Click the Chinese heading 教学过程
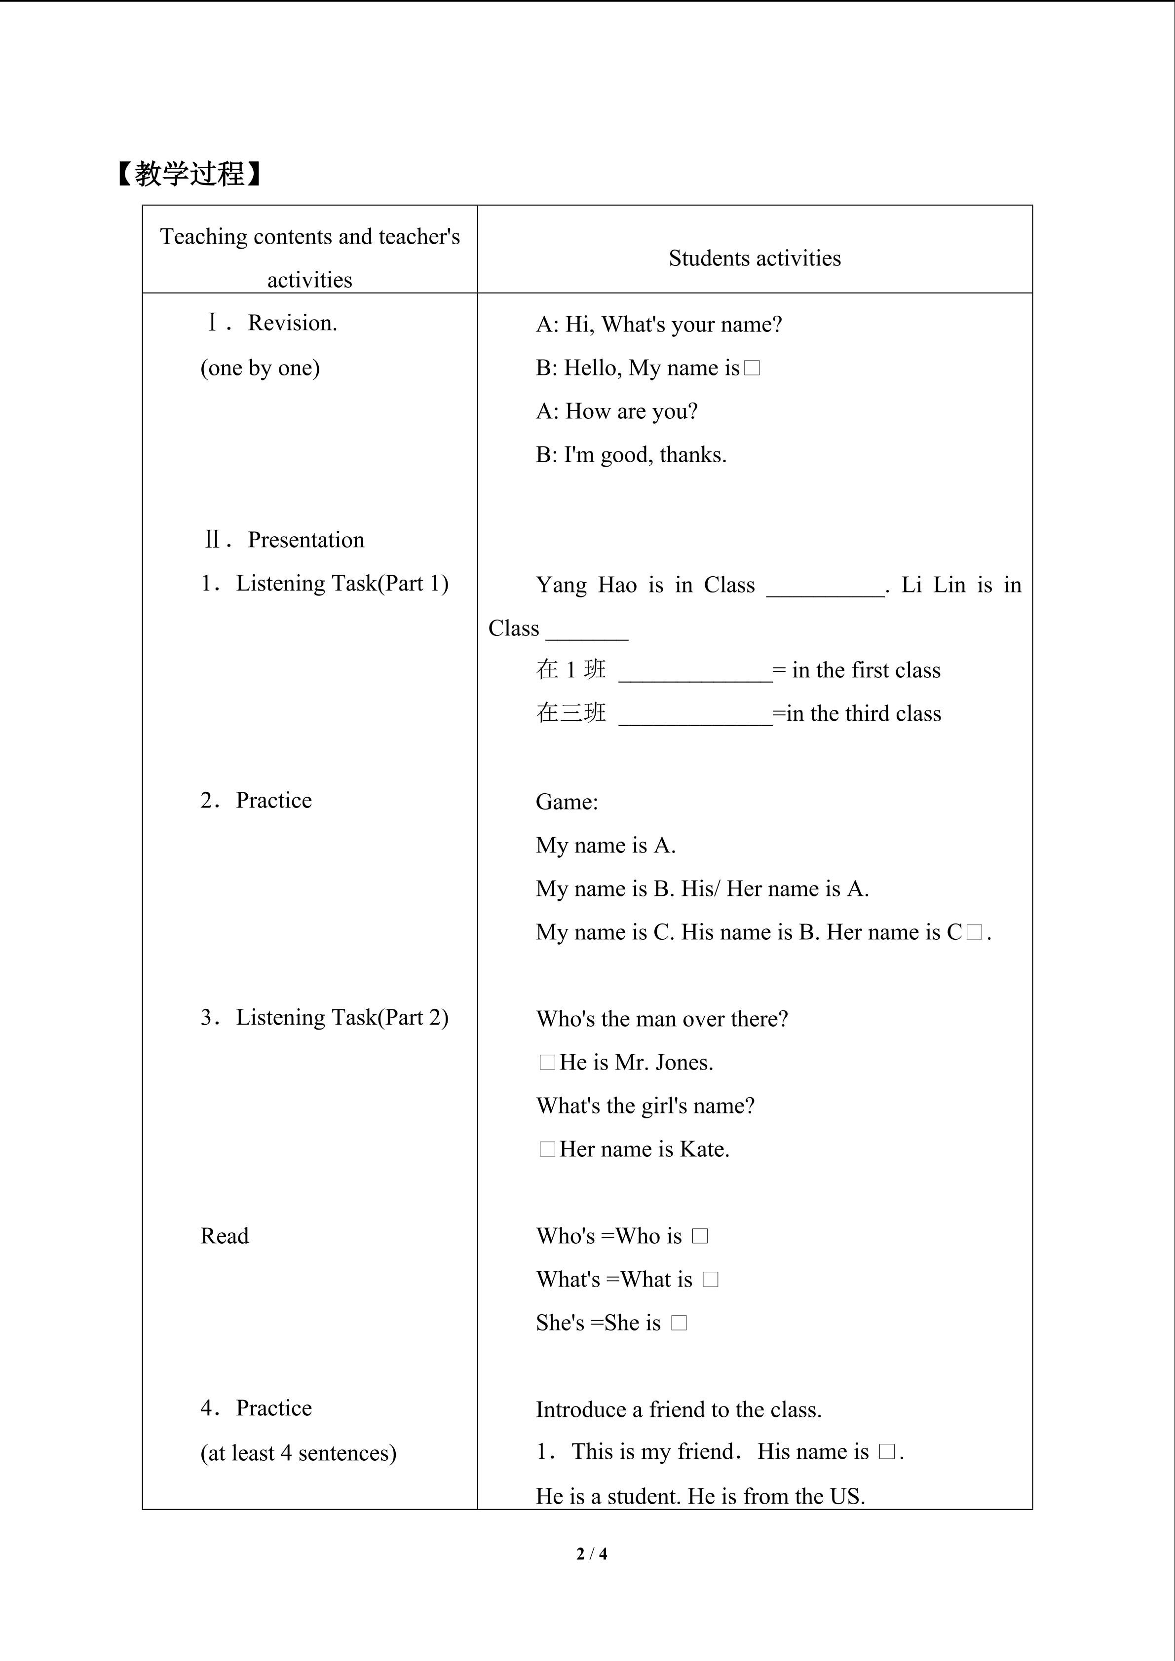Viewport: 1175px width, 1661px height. point(190,174)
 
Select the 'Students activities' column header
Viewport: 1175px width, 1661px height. point(754,258)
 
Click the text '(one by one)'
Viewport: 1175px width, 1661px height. point(260,368)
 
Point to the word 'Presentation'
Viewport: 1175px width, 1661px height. point(305,540)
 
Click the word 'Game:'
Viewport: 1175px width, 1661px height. point(567,802)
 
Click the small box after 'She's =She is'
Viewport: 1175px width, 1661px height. point(679,1323)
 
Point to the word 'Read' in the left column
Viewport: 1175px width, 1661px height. point(225,1236)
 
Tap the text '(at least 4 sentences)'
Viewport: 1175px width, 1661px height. point(298,1453)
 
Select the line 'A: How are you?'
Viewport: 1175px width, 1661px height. point(616,411)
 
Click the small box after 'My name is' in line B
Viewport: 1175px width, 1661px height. point(752,368)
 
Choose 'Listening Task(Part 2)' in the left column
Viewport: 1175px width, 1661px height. point(341,1018)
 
